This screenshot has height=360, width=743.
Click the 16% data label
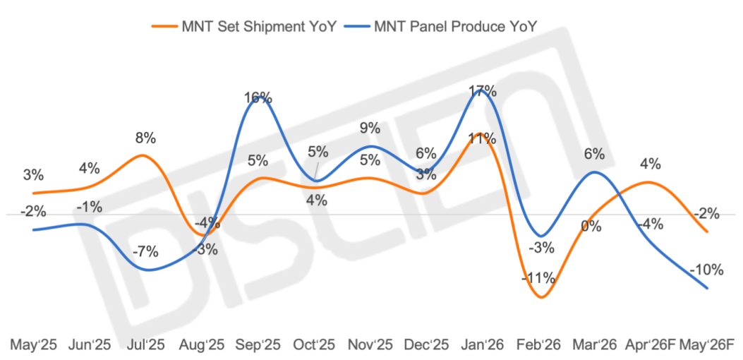(258, 97)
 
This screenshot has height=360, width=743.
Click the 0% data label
(591, 227)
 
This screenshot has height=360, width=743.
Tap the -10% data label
(707, 270)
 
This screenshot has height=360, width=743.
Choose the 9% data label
(370, 128)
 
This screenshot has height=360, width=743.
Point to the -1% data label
(90, 208)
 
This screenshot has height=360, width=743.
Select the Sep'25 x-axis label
(259, 345)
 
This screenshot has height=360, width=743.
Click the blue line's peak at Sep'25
(260, 100)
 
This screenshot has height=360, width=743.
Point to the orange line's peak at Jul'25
(143, 155)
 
